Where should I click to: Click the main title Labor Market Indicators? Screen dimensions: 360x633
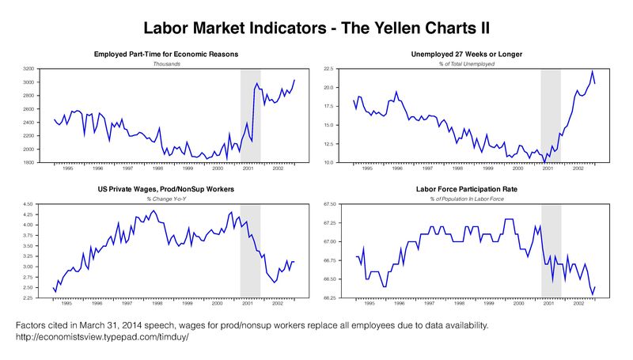316,28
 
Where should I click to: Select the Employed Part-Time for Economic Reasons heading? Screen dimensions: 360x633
166,54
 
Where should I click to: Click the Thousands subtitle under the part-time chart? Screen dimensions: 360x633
166,63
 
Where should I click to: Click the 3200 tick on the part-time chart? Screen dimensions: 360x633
29,70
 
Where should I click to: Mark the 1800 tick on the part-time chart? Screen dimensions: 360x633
29,163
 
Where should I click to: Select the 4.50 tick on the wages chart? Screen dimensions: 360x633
29,205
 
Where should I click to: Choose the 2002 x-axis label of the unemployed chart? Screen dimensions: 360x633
578,168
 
